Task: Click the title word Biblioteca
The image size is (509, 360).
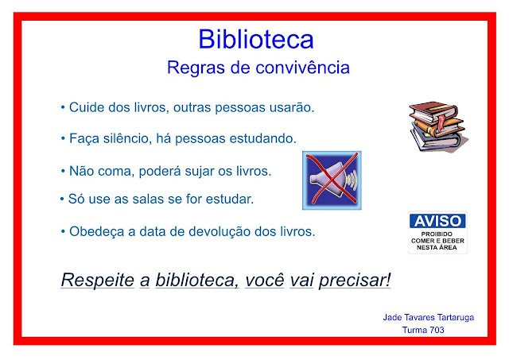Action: pos(256,39)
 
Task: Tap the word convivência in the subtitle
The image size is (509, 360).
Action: pos(302,68)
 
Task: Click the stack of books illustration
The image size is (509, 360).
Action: pos(438,126)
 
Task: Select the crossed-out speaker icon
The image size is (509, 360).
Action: pos(332,180)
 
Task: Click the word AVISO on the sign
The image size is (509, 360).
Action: pos(437,221)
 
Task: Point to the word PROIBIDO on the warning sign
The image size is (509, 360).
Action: pos(437,234)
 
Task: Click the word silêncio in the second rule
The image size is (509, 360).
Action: pos(128,138)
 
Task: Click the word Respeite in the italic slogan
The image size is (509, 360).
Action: pos(97,280)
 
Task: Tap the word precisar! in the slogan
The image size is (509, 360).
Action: pos(355,280)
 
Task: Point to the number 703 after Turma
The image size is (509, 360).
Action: pos(437,330)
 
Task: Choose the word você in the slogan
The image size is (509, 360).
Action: pos(265,280)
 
